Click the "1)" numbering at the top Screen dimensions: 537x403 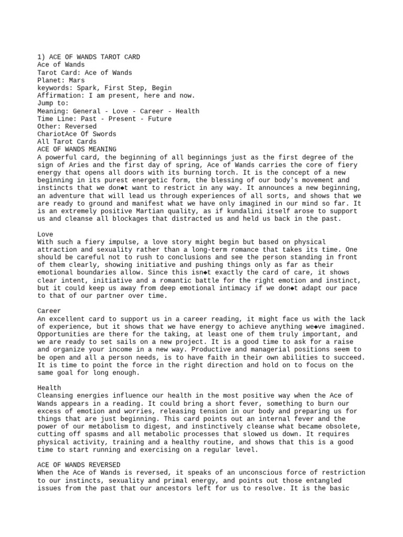[41, 57]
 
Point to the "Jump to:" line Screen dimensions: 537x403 [53, 103]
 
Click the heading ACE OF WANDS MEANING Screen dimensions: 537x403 [77, 149]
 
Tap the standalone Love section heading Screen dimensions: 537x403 [45, 234]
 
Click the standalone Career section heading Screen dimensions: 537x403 [49, 311]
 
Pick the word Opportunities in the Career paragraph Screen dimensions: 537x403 [65, 334]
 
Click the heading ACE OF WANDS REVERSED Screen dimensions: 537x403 [79, 465]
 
